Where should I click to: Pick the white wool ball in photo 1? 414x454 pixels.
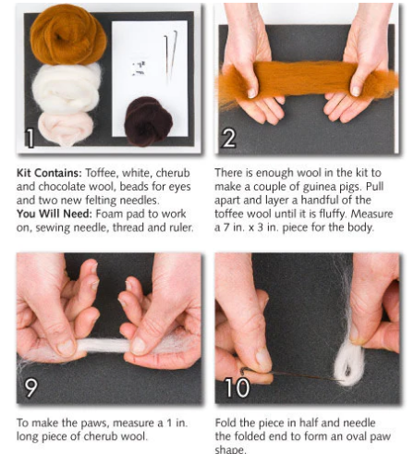click(x=65, y=88)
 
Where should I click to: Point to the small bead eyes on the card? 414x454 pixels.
click(x=139, y=67)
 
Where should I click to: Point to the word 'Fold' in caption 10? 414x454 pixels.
click(x=226, y=423)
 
